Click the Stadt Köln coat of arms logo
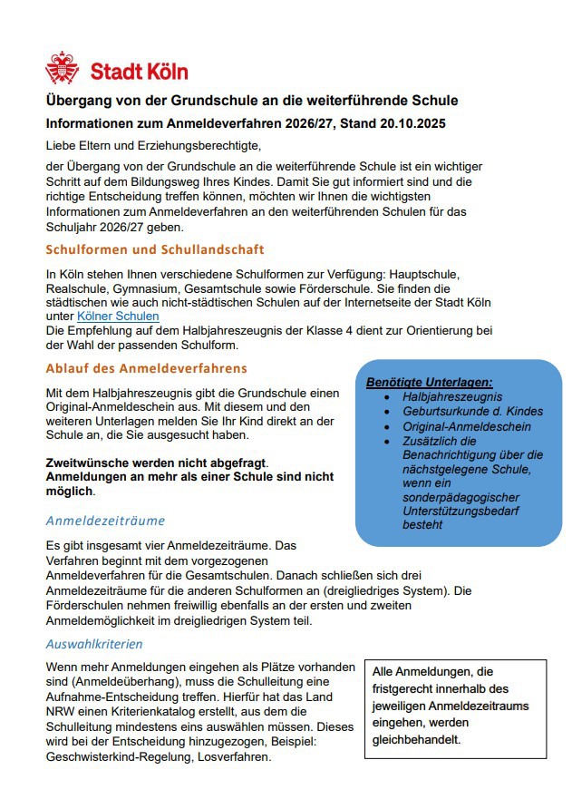(62, 68)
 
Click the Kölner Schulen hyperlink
(118, 316)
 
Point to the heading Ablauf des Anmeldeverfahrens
(146, 368)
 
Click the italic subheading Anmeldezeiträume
(105, 521)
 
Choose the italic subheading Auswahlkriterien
(94, 644)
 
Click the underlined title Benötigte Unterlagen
(429, 383)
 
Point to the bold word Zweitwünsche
(89, 463)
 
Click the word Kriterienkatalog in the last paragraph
(184, 712)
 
